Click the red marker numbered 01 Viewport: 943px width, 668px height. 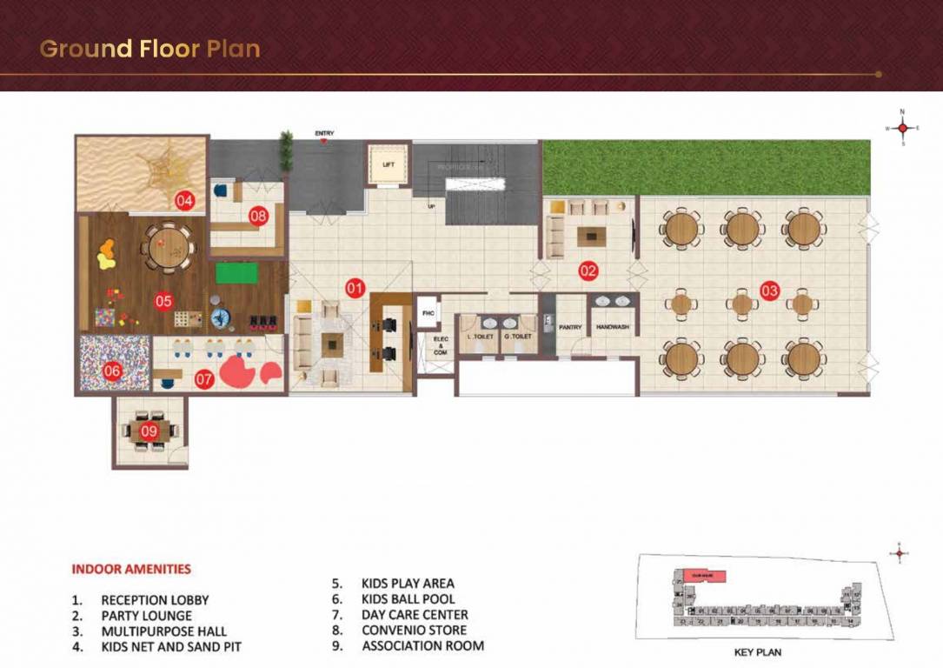[x=354, y=286]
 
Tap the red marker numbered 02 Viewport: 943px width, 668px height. [x=588, y=271]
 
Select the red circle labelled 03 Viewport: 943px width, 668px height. [x=769, y=291]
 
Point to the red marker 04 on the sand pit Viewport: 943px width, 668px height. [x=183, y=201]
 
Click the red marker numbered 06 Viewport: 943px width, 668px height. [x=113, y=371]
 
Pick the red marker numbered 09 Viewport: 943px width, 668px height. [x=149, y=431]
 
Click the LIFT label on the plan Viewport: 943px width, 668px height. [x=388, y=164]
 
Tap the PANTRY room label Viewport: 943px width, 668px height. [x=570, y=327]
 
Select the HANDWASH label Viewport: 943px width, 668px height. [x=613, y=327]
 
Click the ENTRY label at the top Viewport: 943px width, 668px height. [x=324, y=133]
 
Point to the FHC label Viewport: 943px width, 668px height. [x=428, y=312]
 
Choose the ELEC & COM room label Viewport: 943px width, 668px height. [x=441, y=345]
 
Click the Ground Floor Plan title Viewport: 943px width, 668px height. [x=149, y=49]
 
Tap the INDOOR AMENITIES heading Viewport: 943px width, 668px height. [x=130, y=570]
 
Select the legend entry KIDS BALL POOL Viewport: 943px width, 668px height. [x=408, y=598]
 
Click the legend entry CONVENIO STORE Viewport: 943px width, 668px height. [x=414, y=630]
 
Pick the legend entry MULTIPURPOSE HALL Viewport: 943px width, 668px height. [x=163, y=631]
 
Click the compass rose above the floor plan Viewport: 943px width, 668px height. [x=902, y=128]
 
